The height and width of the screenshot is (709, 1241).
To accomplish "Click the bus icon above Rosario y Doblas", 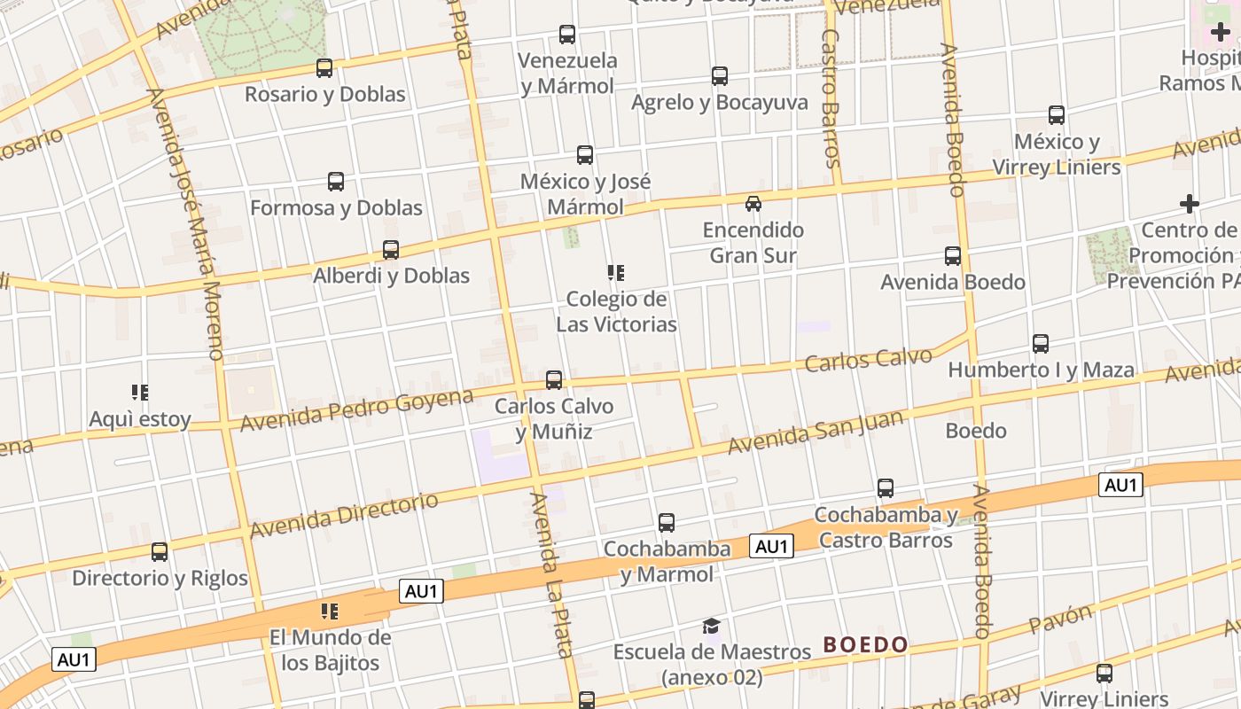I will (x=324, y=67).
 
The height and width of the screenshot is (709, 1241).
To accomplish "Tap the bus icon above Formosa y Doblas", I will (x=336, y=182).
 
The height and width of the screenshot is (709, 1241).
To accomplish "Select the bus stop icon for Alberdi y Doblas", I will (x=391, y=250).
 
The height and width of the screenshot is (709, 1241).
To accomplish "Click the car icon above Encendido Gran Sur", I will (x=753, y=204).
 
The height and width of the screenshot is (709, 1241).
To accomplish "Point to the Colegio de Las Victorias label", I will (x=616, y=311).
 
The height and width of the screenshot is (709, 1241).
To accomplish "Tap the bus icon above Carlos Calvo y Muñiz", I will (x=554, y=380).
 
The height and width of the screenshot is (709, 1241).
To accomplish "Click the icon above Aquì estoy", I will (x=140, y=392).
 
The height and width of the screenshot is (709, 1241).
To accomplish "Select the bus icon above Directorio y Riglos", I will (x=160, y=552).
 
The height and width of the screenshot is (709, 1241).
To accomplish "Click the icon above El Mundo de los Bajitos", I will (x=330, y=611).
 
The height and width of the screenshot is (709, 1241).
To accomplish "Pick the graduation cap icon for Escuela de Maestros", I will (x=712, y=627).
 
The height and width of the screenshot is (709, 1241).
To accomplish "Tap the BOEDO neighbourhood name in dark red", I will (x=865, y=644).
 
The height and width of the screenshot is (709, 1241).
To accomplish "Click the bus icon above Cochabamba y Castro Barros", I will (x=886, y=488).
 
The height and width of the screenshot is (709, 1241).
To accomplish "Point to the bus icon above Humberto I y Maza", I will (x=1041, y=343).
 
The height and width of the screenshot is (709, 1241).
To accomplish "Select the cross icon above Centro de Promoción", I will (x=1190, y=205).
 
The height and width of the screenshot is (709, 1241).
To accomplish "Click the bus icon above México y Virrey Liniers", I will (x=1057, y=115).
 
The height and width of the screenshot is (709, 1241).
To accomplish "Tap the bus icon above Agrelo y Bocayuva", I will (x=720, y=76).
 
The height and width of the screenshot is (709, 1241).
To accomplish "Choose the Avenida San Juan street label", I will (x=816, y=432).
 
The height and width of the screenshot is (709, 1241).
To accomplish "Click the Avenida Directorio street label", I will (x=344, y=516).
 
